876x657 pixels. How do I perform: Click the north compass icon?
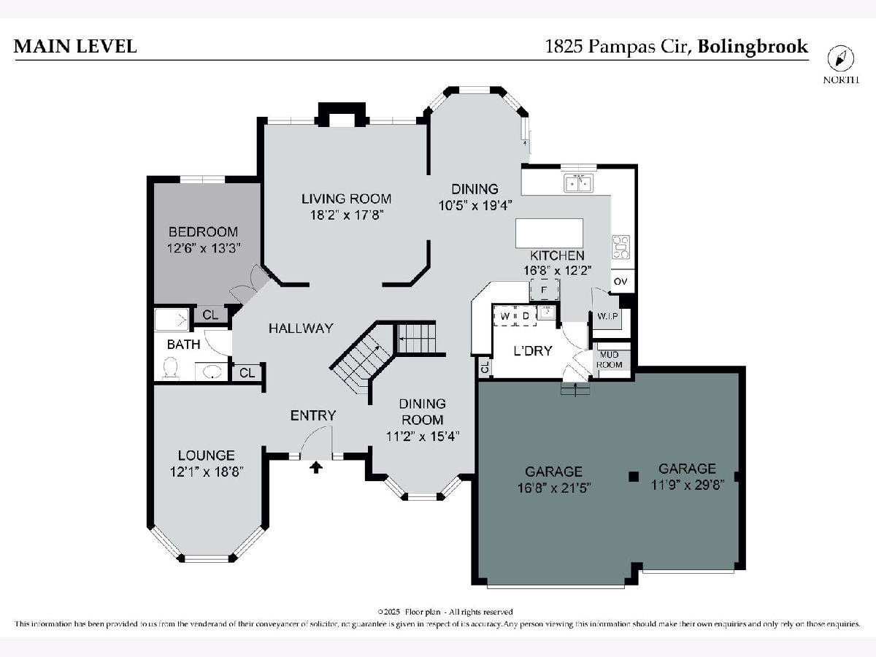point(840,59)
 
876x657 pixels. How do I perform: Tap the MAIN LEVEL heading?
point(75,46)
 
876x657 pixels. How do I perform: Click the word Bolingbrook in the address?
point(753,47)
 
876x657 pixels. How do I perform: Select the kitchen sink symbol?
point(578,183)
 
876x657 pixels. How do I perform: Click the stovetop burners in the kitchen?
point(621,247)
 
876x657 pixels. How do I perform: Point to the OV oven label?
point(620,281)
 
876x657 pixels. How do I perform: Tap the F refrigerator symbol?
point(544,290)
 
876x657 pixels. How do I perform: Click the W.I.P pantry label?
point(608,316)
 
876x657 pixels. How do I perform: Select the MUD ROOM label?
point(610,359)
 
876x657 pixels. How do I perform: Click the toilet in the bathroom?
point(171,367)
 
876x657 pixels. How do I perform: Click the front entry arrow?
point(316,467)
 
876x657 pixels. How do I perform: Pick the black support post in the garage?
point(634,476)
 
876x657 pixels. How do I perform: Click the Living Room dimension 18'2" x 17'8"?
point(347,215)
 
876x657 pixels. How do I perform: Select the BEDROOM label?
point(203,231)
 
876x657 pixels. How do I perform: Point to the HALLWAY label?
point(301,328)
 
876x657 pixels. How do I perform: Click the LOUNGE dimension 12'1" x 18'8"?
point(207,472)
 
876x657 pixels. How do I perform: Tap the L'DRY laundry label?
point(533,351)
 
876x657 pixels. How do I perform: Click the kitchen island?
point(549,234)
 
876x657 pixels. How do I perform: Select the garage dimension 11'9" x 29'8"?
point(688,485)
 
